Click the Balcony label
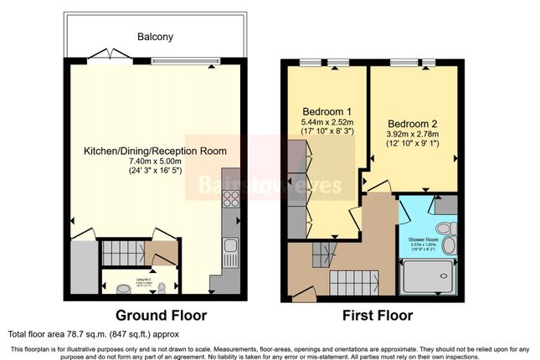(x=156, y=37)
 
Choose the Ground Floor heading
(x=161, y=316)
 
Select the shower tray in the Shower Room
(x=429, y=277)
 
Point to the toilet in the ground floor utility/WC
(x=124, y=288)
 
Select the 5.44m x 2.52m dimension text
(x=325, y=122)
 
